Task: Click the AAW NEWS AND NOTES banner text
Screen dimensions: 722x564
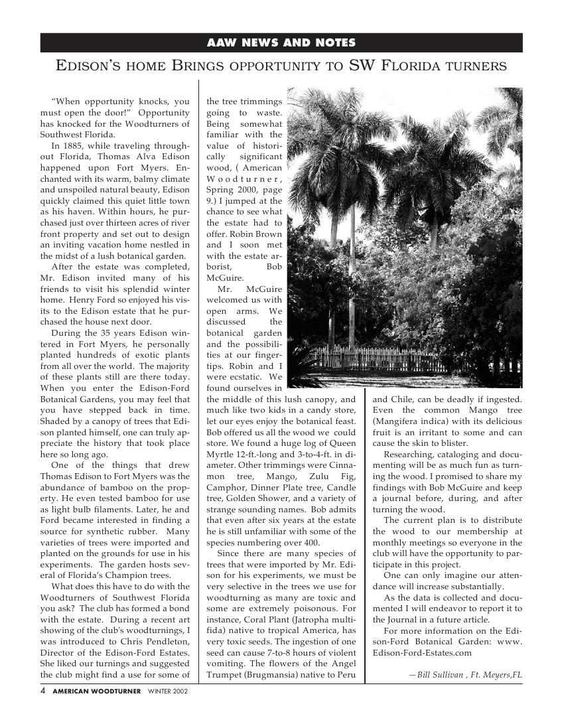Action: coord(281,43)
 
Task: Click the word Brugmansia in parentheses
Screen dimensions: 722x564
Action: coord(289,676)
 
